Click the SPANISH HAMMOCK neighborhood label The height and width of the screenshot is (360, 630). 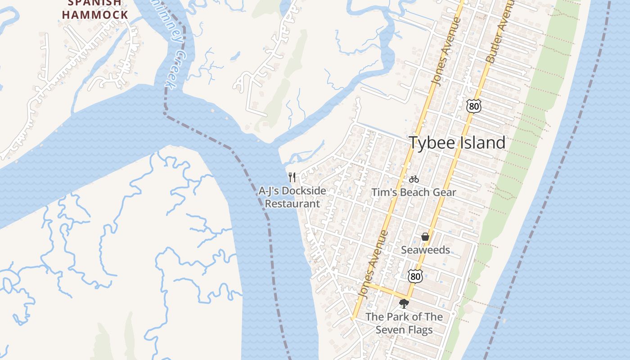tap(95, 9)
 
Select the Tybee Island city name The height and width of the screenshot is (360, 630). tap(457, 143)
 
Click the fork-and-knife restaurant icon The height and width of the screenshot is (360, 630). tap(292, 177)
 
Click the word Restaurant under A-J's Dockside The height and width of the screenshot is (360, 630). tap(292, 203)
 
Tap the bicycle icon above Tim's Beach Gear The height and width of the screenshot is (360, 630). tap(414, 179)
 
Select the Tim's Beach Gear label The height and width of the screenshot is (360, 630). tap(414, 193)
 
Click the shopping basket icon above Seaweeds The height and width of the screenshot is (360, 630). tap(425, 237)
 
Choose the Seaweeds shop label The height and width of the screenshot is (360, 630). tap(425, 250)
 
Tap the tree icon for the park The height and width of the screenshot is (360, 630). tap(404, 304)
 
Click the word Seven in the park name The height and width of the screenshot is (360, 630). tap(391, 330)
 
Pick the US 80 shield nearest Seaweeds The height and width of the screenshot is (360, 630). tap(415, 276)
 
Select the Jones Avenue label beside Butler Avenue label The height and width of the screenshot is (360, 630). tap(445, 52)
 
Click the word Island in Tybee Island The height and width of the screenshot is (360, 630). tap(481, 143)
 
